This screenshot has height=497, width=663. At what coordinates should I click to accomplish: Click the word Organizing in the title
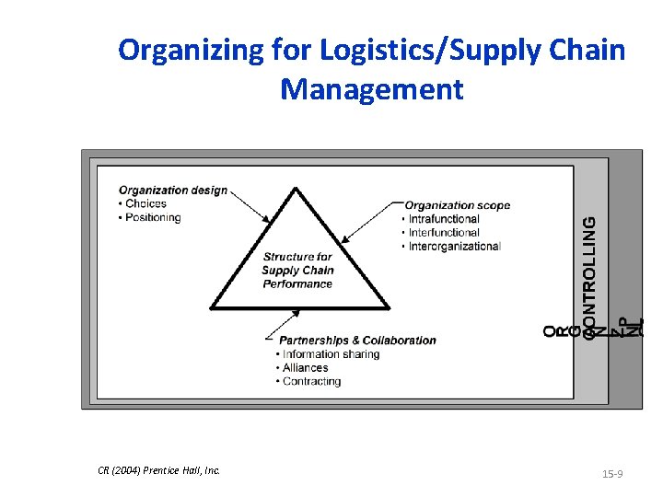(x=192, y=51)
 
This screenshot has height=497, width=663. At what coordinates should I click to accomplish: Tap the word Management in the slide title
(x=372, y=90)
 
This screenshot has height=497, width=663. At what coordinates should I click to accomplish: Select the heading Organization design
(x=173, y=191)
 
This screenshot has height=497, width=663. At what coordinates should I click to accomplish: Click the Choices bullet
(x=145, y=204)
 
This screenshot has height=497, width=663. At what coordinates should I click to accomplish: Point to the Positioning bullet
(x=153, y=218)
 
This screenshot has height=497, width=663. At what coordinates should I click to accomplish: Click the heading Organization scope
(x=458, y=205)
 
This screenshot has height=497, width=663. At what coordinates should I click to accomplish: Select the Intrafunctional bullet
(x=445, y=219)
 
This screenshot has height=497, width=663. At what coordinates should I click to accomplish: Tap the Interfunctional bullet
(x=445, y=233)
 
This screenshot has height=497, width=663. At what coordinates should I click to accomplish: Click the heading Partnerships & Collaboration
(x=357, y=341)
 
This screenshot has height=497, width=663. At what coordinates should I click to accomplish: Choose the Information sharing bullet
(x=331, y=354)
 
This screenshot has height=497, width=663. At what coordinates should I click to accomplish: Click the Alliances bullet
(x=306, y=368)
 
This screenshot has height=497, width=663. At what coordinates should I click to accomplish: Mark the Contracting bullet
(x=312, y=382)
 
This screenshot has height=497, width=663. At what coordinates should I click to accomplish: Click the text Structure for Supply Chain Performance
(x=297, y=271)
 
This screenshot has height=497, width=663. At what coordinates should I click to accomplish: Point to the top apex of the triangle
(x=296, y=190)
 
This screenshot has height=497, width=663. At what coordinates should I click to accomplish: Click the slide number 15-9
(x=612, y=474)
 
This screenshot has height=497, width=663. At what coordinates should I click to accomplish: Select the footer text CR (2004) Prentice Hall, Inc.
(x=158, y=470)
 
